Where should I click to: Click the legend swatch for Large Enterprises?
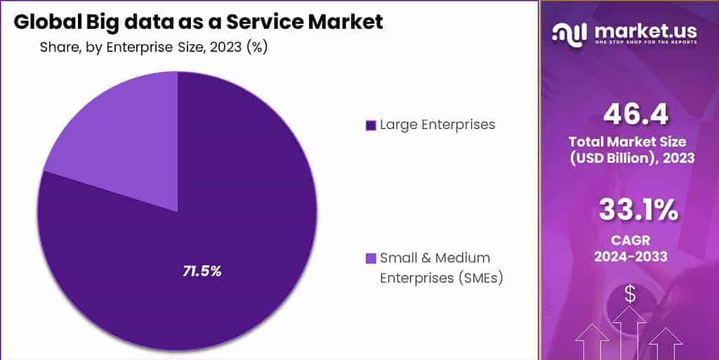point(371,126)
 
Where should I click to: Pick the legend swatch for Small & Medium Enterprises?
point(371,258)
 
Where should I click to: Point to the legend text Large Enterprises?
point(437,125)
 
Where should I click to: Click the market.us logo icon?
point(569,32)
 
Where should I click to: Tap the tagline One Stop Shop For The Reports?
point(645,43)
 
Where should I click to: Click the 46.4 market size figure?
point(630,114)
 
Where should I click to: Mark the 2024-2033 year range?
point(631,257)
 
